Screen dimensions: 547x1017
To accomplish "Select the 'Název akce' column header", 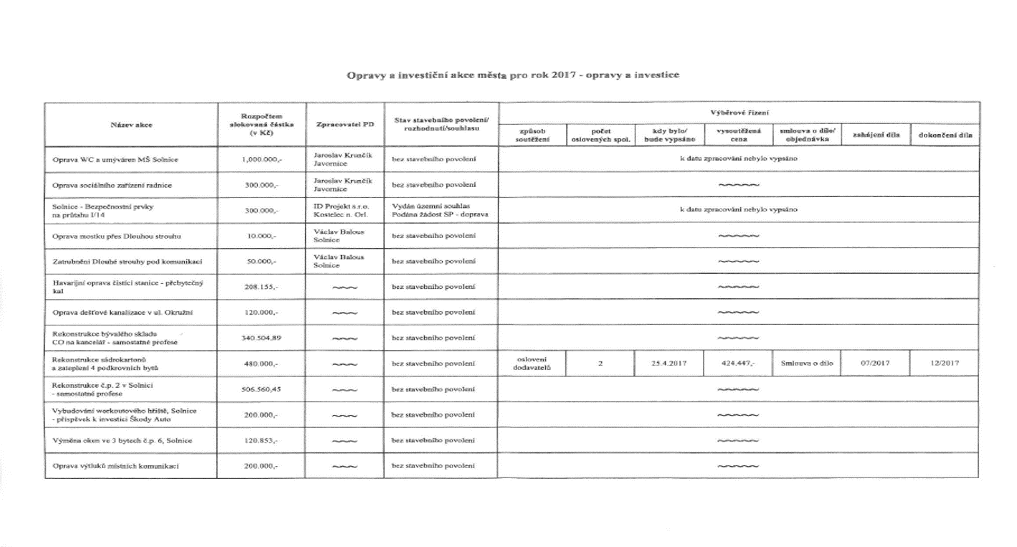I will [x=132, y=124].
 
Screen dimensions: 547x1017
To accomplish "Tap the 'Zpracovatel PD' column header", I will [x=344, y=124].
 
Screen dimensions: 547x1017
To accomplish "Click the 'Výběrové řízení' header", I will [x=738, y=113].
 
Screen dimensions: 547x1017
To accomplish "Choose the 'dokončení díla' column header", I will [x=945, y=135].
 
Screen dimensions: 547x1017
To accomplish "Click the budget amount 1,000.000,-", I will [x=262, y=159].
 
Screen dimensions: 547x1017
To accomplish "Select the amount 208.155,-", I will [x=262, y=286].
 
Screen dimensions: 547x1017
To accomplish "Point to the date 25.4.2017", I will [x=669, y=363].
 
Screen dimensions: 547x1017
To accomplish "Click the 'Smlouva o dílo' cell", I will [x=806, y=363].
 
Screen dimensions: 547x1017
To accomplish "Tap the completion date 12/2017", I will [x=944, y=363].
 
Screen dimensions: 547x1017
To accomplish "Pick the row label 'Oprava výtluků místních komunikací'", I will [x=116, y=467].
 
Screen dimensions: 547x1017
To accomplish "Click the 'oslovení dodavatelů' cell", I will [x=531, y=363].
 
